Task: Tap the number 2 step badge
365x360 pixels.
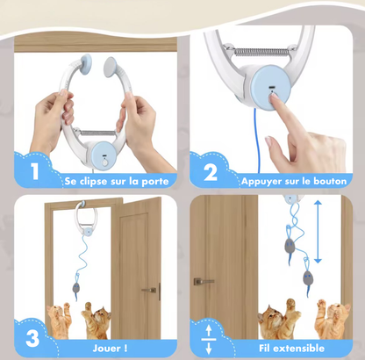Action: [211, 172]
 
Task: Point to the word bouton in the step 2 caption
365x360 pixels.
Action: [328, 181]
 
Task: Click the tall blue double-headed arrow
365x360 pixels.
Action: [318, 231]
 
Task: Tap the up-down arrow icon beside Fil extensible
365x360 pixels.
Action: [207, 338]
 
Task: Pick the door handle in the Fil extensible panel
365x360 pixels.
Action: [204, 281]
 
